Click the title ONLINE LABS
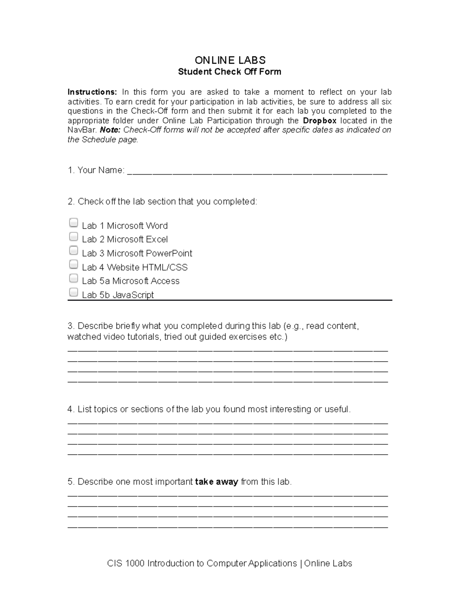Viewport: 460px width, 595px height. (230, 60)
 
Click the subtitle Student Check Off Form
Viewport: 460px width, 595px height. (230, 72)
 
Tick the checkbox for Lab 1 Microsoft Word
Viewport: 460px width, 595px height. (73, 223)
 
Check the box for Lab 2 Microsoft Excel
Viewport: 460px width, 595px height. (73, 236)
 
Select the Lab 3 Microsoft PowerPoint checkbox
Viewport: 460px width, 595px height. (73, 250)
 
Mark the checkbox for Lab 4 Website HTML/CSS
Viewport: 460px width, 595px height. (73, 264)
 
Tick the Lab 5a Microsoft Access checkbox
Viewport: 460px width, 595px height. (73, 278)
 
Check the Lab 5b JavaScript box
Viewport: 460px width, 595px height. (73, 292)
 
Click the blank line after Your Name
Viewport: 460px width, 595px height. (257, 172)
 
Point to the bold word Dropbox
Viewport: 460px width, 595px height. (320, 121)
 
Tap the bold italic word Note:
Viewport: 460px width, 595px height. (110, 130)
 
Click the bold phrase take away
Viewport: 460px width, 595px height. (217, 482)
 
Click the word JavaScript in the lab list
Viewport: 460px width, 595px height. (133, 295)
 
